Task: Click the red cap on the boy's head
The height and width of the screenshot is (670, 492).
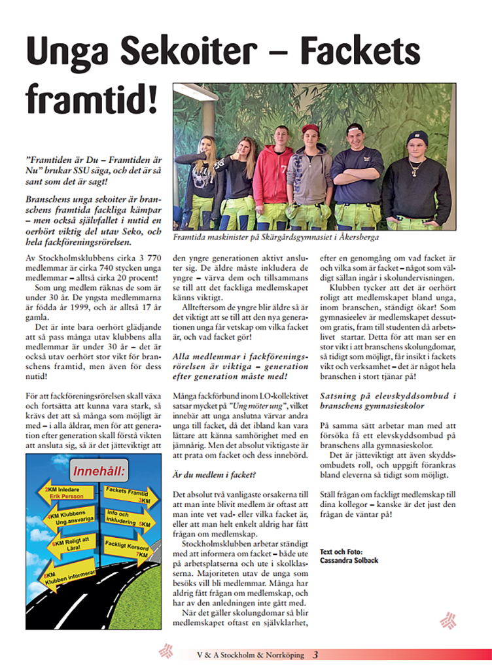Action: pyautogui.click(x=311, y=128)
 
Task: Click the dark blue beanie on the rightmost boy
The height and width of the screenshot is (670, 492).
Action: pyautogui.click(x=417, y=137)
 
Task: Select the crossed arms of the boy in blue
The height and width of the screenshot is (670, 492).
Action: pyautogui.click(x=357, y=174)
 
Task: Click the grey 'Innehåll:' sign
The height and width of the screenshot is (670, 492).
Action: pyautogui.click(x=101, y=471)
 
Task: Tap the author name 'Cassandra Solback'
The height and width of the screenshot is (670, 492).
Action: pyautogui.click(x=349, y=560)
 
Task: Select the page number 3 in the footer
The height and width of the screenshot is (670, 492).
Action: pyautogui.click(x=315, y=654)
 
